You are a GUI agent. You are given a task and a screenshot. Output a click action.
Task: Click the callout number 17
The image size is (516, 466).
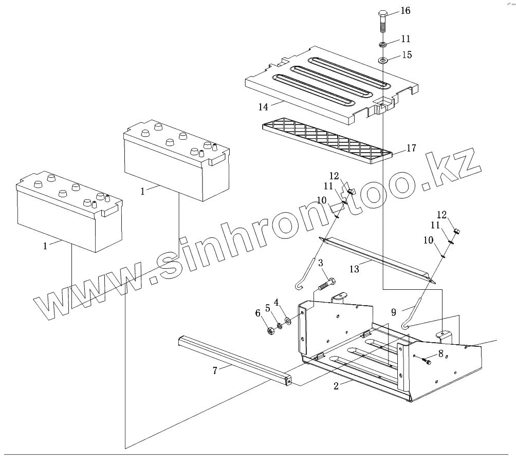[411, 148]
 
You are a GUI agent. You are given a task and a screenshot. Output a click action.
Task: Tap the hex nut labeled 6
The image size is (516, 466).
[270, 331]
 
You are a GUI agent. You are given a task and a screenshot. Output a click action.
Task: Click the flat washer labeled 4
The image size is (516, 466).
[287, 321]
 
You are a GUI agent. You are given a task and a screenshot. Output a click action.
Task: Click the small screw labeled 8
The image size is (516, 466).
[426, 362]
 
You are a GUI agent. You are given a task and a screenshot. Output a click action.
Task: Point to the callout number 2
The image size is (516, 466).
[336, 386]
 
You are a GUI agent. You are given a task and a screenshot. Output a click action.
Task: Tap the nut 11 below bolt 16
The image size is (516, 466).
[383, 45]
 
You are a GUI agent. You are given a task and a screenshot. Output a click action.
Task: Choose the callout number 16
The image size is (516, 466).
[406, 10]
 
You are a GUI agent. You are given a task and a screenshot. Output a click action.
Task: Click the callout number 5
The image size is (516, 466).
[268, 308]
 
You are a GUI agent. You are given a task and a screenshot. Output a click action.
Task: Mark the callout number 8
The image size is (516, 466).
[440, 353]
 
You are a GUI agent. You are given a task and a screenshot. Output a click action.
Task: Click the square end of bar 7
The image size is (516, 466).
[288, 381]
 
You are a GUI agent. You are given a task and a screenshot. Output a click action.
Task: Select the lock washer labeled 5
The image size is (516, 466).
[280, 326]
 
